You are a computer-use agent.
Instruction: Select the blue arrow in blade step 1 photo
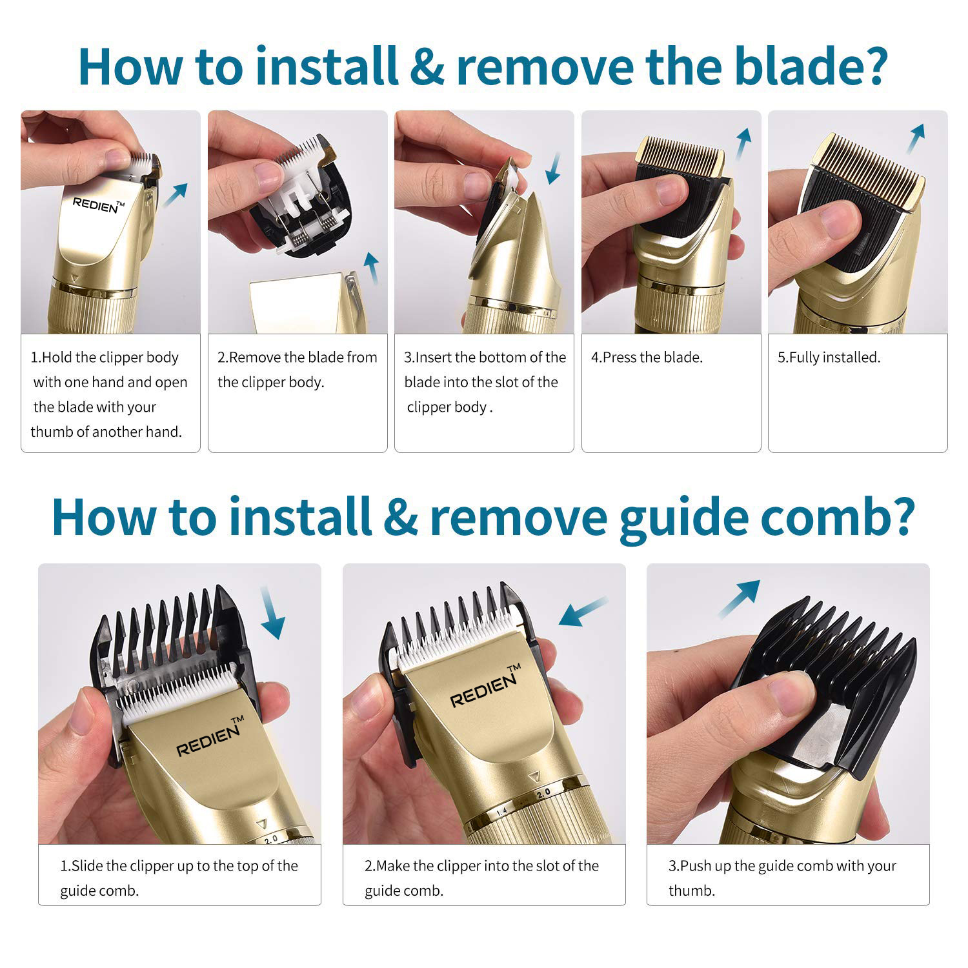pos(175,194)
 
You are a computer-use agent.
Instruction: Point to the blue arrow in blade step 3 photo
pos(552,168)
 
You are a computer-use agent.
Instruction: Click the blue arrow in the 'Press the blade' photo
pos(743,143)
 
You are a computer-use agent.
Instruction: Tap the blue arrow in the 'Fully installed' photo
pos(916,139)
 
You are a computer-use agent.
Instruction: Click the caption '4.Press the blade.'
pos(647,358)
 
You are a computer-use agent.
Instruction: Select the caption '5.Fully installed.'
pos(829,358)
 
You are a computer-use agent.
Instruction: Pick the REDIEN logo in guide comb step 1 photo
pos(210,736)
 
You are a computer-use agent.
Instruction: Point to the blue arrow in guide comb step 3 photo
pos(740,599)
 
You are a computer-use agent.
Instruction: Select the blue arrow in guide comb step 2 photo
pos(583,611)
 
